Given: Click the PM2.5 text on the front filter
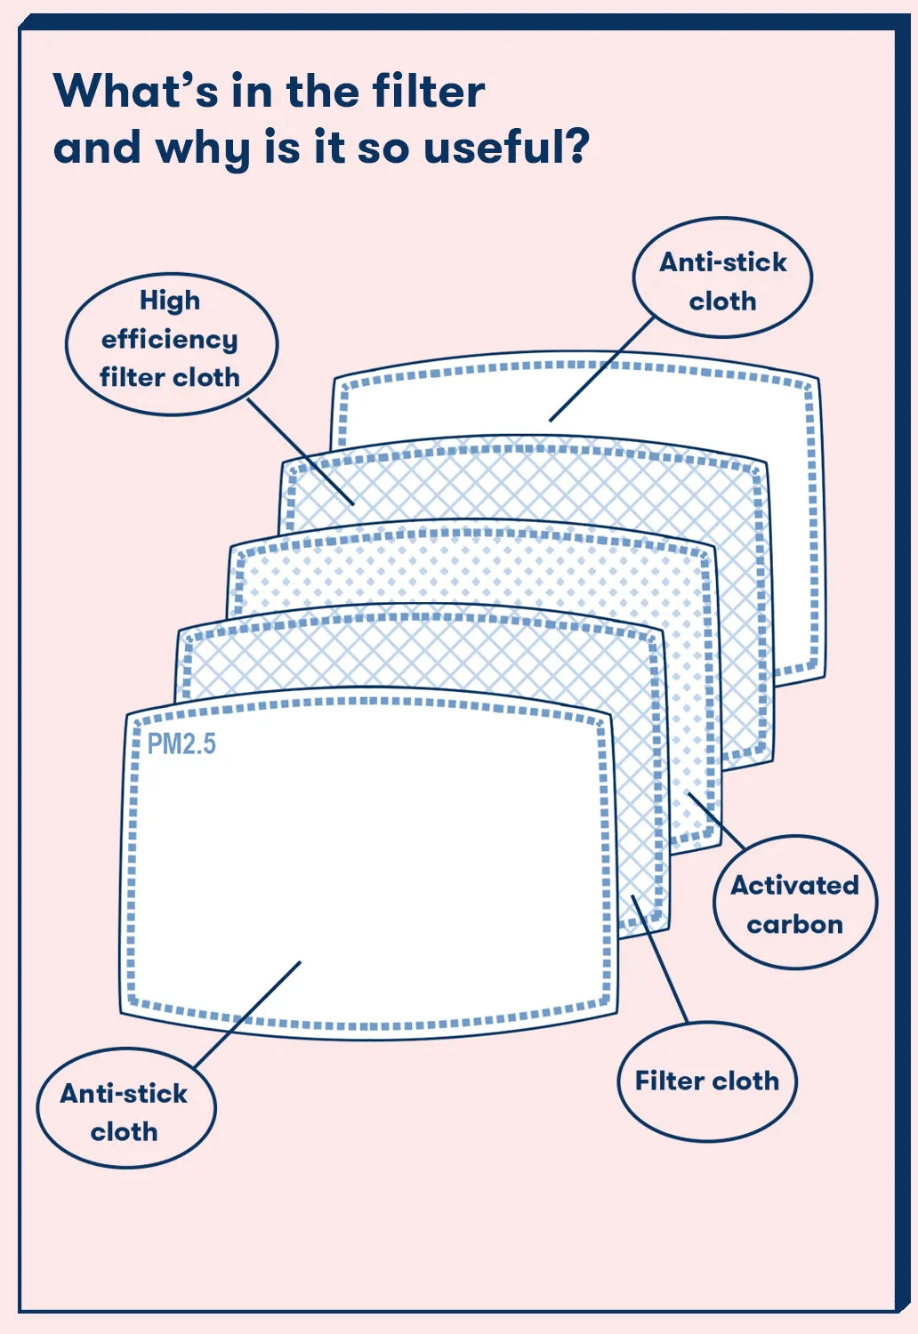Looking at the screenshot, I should point(181,743).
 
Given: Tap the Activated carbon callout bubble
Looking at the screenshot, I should point(794,903).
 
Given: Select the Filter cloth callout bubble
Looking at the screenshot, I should point(706,1081).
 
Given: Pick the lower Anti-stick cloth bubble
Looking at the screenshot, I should point(125,1110).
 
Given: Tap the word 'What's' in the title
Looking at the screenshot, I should point(134,91).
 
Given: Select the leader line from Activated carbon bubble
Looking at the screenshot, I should point(717,819).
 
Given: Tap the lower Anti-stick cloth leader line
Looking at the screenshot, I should point(247,1014).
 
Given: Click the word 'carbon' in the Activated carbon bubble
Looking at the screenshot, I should point(794,925).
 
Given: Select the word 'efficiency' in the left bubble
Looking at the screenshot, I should point(169,340).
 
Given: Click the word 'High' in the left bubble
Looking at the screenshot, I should point(169,301).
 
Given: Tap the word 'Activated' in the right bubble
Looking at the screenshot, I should point(794,886).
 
